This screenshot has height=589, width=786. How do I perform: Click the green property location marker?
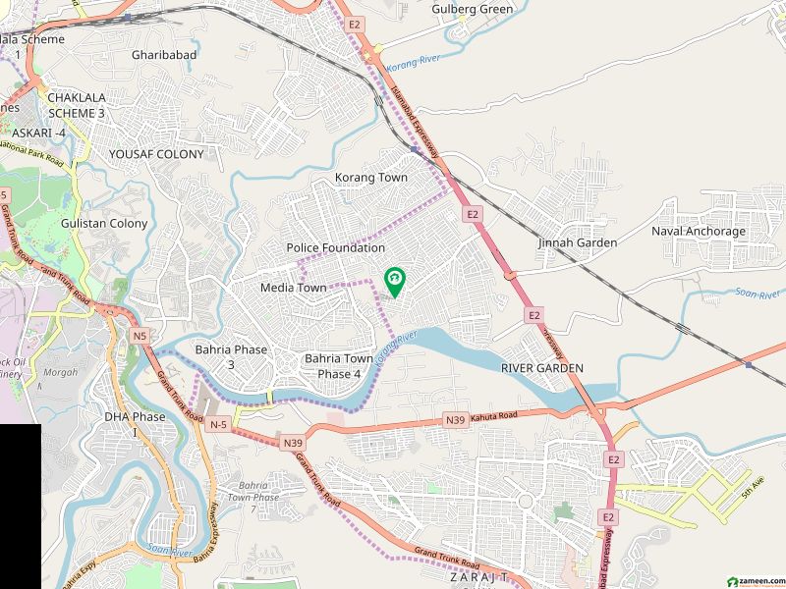point(394,282)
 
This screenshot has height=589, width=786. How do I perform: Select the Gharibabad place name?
point(164,55)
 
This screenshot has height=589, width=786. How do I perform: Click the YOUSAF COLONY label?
point(156,154)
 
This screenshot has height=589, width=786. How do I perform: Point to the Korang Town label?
point(370,178)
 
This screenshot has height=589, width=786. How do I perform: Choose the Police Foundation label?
point(336,248)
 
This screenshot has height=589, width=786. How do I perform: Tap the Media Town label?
point(293,288)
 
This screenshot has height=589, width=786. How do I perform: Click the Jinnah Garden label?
point(578,242)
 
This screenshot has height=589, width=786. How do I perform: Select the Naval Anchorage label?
point(699,232)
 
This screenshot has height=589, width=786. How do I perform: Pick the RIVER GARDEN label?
point(542,368)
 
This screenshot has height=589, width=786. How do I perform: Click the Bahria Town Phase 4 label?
point(339,366)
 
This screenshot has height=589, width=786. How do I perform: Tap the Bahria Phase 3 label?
point(230,356)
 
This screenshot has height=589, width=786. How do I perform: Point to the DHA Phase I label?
point(136,424)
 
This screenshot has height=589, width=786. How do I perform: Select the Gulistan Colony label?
point(104,223)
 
